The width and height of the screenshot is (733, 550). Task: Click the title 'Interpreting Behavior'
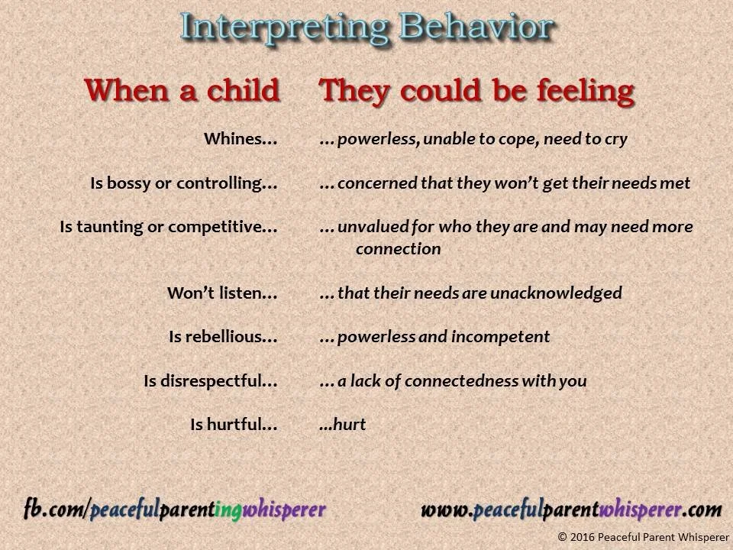coord(366,27)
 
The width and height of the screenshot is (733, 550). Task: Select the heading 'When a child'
coord(182,90)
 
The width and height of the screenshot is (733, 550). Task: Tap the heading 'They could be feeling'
coord(477,90)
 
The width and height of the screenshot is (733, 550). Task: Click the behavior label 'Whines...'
coord(241,140)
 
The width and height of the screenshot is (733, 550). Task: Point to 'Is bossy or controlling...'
coord(184,183)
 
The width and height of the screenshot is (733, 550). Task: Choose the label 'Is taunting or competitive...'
coord(169,227)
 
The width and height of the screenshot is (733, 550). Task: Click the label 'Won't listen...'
coord(222,293)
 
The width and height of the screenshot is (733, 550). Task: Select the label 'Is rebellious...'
coord(223,337)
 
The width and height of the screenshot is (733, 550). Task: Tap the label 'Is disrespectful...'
coord(211,380)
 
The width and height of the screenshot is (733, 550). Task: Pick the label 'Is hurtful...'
coord(234,425)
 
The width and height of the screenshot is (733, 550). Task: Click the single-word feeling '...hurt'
coord(343,425)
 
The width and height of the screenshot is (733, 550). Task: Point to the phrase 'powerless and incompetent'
coord(443,337)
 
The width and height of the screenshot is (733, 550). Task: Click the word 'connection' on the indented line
coord(398,249)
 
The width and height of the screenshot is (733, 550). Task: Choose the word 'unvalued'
coord(369,227)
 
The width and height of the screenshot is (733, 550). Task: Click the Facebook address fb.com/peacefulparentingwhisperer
coord(175,509)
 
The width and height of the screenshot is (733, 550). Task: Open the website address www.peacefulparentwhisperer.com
coord(571,509)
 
